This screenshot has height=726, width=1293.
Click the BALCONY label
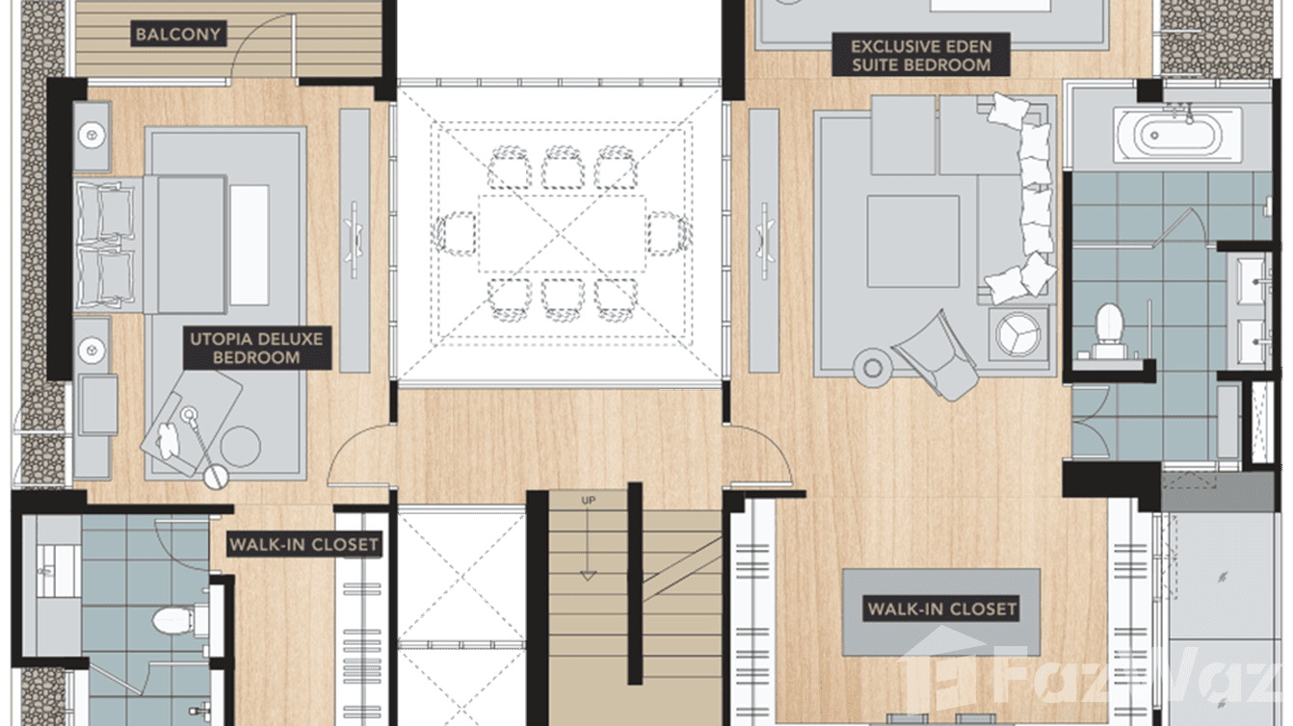coord(178,34)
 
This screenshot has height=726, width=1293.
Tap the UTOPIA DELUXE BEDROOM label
coord(257,348)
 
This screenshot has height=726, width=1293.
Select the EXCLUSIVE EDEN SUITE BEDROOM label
coord(921,55)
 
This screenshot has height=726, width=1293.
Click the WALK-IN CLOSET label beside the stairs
coord(941,609)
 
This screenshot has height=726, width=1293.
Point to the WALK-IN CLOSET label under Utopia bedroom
coord(304,544)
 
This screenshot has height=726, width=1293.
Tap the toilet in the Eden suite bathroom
coord(1109,330)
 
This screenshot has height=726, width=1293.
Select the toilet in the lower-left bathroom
coord(180,620)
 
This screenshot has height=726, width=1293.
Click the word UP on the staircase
coord(588,500)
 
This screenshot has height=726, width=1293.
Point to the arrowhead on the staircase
coord(588,576)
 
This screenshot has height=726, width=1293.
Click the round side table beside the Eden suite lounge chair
coord(872,367)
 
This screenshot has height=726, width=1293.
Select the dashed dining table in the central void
coord(563,234)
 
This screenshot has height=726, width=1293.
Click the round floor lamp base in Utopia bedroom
coord(216,477)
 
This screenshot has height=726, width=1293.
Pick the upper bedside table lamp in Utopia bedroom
coord(92,136)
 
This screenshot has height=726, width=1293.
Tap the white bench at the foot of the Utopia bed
coord(250,245)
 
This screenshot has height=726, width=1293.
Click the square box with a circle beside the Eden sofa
coord(1018,334)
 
